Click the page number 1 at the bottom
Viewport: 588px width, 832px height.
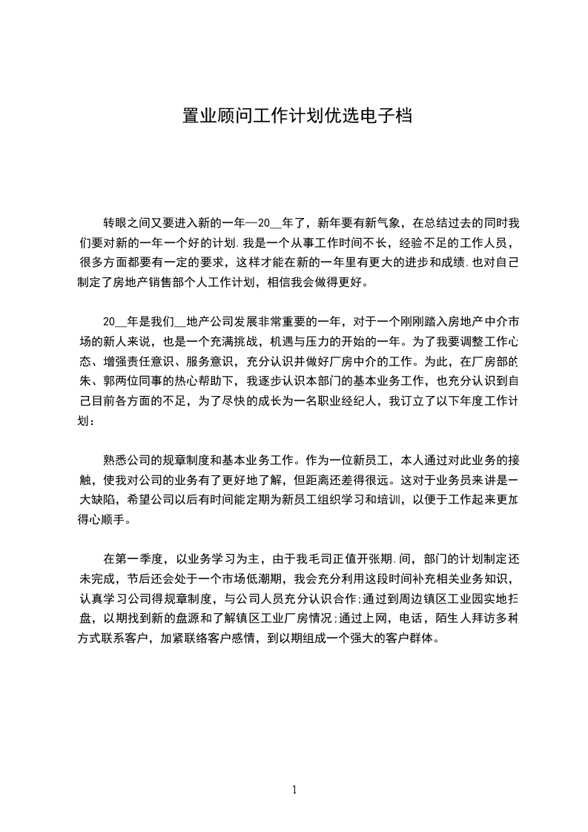(294, 790)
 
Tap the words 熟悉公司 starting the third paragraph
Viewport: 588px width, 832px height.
(128, 459)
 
